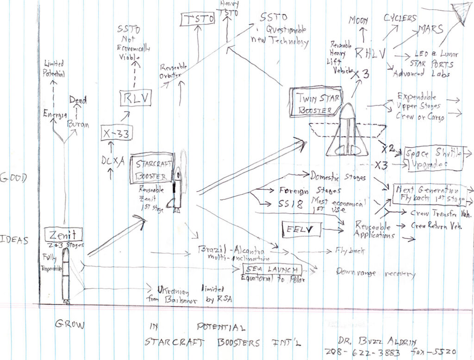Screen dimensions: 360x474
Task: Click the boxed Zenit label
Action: coord(63,234)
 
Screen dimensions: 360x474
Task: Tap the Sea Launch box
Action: coord(272,270)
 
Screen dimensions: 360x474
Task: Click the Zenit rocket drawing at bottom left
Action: coord(66,275)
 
